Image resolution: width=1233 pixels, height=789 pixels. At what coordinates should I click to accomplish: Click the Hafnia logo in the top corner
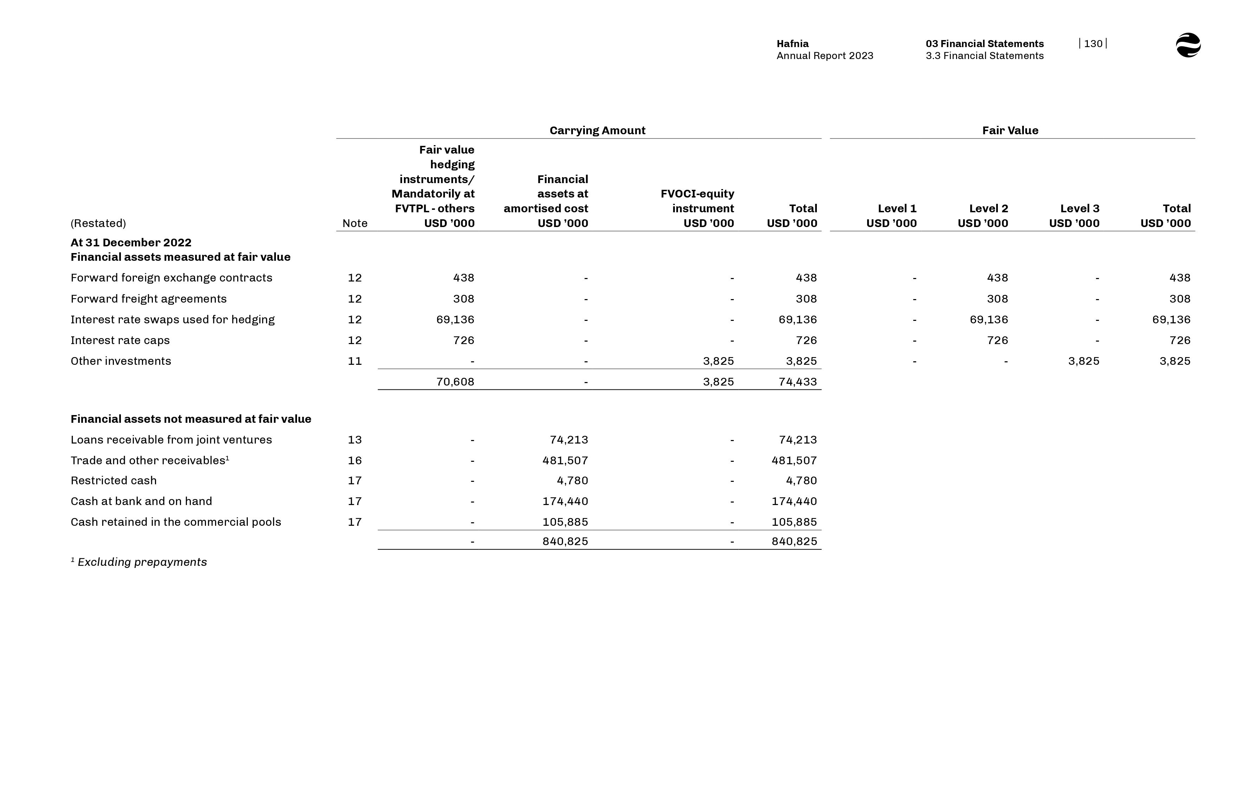pos(1188,45)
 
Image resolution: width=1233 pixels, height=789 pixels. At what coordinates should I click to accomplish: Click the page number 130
pos(1093,44)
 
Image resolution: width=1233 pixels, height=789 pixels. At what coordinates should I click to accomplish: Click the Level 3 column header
pos(1079,208)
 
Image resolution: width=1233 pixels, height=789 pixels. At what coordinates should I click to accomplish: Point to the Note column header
pos(355,224)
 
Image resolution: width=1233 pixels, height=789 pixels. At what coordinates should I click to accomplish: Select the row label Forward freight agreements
pos(149,299)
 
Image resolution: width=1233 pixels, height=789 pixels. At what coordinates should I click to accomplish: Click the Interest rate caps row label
pos(120,340)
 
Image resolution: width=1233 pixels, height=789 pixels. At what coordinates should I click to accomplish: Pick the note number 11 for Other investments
pos(355,361)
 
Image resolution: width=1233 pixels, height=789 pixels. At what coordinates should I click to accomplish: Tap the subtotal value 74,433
pos(797,382)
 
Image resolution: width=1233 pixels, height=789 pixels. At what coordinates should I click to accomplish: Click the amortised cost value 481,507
pos(565,461)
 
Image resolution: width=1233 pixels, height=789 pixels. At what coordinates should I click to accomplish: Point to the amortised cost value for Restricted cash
pos(572,480)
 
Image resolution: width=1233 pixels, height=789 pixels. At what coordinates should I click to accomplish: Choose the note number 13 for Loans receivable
pos(355,440)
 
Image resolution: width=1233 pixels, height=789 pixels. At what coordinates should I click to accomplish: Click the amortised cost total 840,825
pos(565,542)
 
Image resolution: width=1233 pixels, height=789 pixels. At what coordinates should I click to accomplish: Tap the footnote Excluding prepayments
pos(142,562)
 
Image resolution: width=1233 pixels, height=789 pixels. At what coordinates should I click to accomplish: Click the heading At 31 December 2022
pos(131,242)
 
